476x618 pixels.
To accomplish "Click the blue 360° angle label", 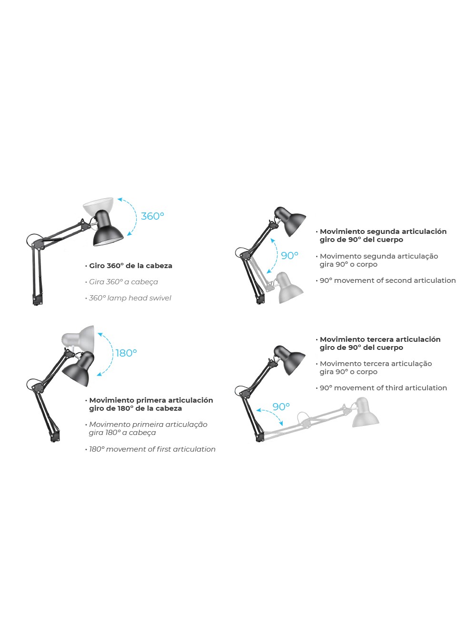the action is [153, 216].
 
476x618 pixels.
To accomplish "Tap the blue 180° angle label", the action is [126, 353].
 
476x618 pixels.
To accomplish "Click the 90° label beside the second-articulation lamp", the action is [289, 256].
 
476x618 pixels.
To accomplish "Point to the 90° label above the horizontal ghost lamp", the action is [281, 406].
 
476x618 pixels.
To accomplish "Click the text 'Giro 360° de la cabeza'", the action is [131, 266].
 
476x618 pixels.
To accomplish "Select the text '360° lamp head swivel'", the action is [130, 298].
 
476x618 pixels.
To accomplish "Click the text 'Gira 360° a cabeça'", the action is [124, 282].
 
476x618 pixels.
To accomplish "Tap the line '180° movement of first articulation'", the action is [152, 449].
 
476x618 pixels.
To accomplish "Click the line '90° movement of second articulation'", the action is [388, 280].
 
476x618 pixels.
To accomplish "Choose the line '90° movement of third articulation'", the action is [383, 388].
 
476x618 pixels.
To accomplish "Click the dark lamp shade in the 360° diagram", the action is [107, 230].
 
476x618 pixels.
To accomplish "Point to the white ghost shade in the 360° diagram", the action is [98, 205].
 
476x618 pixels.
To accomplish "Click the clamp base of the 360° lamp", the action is [38, 300].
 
